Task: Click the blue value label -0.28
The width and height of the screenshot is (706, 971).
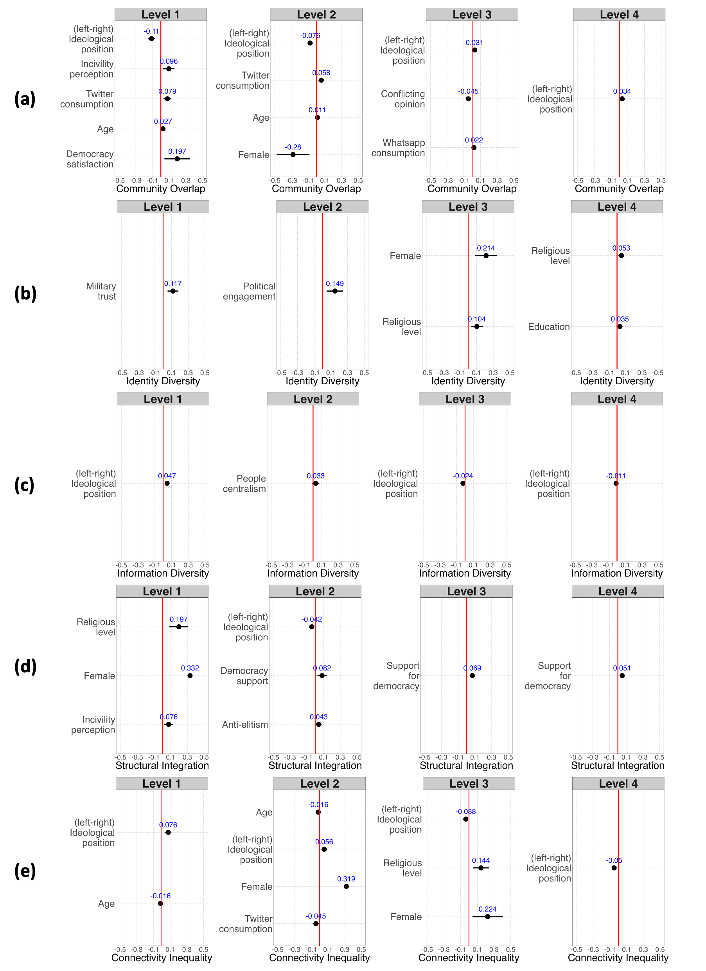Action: coord(293,147)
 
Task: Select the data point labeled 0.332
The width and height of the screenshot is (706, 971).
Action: coord(190,675)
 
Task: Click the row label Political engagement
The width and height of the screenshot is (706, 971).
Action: coord(249,291)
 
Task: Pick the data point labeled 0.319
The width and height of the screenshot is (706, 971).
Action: coord(346,886)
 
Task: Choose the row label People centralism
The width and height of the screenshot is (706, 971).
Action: coord(244,484)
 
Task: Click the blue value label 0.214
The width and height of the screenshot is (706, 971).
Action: coord(486,248)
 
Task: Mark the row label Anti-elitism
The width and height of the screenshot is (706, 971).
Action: coord(245,724)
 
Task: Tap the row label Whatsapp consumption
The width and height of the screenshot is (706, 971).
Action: coord(399,148)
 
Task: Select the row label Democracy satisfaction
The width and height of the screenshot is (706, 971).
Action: coord(90,159)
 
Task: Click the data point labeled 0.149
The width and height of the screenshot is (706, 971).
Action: coord(335,291)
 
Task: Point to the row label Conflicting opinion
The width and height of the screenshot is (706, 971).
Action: coord(403,99)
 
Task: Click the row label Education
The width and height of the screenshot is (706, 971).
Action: coord(549,327)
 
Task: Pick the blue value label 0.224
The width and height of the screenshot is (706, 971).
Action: coord(487,909)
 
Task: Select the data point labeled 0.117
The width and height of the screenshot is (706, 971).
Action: coord(173,291)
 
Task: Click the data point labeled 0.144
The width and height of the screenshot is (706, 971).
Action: coord(481,868)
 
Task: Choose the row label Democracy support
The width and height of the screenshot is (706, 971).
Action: coord(244,675)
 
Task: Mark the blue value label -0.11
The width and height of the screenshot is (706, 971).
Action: coord(151,31)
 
